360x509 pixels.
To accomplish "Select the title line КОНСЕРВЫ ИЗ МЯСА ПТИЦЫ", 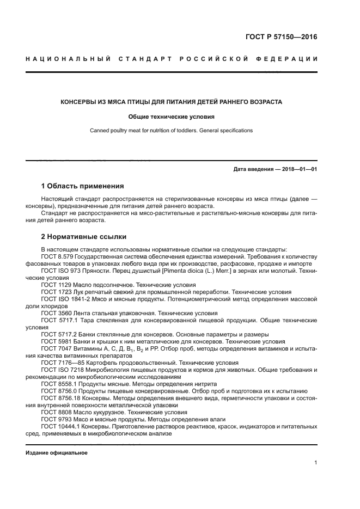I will click(x=171, y=102).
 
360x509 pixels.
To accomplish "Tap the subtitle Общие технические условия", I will click(x=171, y=116).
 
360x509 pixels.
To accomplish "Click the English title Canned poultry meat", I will click(x=171, y=131).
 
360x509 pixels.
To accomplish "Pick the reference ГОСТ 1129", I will click(x=56, y=285).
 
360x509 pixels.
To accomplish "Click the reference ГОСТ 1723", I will click(x=56, y=292).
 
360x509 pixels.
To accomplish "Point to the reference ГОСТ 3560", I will click(x=56, y=313).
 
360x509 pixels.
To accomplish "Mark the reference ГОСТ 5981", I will click(x=56, y=341).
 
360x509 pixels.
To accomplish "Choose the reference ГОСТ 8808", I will click(x=56, y=412).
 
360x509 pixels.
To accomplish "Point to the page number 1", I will click(x=316, y=463).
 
